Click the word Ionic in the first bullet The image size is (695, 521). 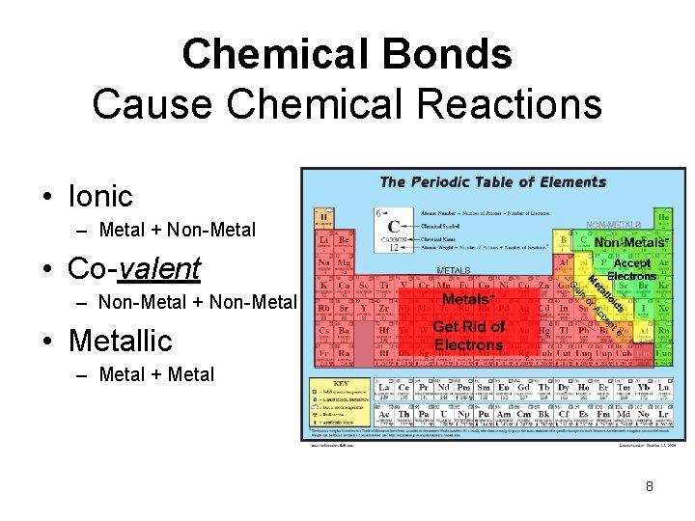tap(100, 196)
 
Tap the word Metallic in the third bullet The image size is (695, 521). tap(120, 340)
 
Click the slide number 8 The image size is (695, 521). tap(650, 486)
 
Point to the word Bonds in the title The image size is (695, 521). tap(455, 54)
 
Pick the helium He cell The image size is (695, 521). tap(663, 217)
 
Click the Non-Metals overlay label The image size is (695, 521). tap(629, 242)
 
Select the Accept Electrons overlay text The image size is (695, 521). tap(632, 269)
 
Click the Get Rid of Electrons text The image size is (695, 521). tap(469, 335)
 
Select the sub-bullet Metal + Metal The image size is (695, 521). tap(156, 374)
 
